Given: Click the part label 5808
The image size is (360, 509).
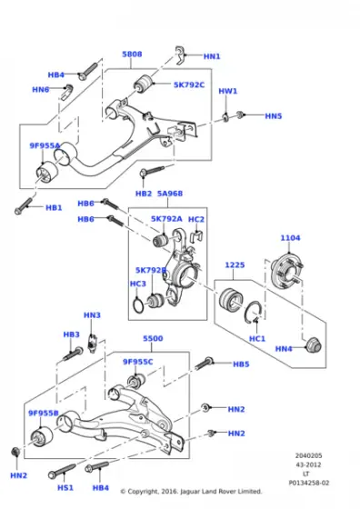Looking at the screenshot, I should coord(133,55).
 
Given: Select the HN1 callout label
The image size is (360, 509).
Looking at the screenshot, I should coord(212,56).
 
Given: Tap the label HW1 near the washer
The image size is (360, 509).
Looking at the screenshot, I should coord(227,92).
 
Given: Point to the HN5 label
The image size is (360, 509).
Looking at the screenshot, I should coord(274,116).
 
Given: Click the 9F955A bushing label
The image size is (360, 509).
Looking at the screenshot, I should coord(45,145).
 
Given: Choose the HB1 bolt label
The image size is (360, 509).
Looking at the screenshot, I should coord(54,208).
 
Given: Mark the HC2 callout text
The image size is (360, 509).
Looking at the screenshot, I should coord(196,219).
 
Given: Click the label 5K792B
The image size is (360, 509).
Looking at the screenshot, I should coord(151,270).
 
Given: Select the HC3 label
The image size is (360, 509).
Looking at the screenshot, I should coord(137,284).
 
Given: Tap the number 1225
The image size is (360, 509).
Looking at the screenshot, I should coord(235,265).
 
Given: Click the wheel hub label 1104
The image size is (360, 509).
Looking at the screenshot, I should coord(290,238).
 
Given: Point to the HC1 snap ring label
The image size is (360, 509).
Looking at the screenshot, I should coord(257,338).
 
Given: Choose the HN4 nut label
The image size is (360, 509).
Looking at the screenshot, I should coord(284,348).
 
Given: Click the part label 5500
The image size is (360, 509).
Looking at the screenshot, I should coord(153,338).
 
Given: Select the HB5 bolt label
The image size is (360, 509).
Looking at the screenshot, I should coord(240,364).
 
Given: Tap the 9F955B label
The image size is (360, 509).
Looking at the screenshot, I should coord(43,414).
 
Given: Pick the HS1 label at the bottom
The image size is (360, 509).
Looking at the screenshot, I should coord(65,487).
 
